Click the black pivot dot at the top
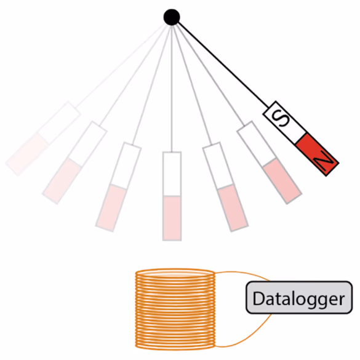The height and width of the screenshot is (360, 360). [x=172, y=17]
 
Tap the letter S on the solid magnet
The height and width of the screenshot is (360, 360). [x=279, y=119]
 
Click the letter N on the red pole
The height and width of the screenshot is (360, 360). [x=323, y=161]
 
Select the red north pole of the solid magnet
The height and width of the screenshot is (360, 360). [x=317, y=155]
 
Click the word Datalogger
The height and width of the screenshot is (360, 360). [x=298, y=298]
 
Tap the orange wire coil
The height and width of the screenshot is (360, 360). [x=175, y=310]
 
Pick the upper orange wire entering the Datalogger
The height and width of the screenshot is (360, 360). [x=242, y=274]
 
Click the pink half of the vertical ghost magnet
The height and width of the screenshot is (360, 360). [x=172, y=218]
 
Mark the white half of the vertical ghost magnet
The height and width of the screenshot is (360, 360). [x=172, y=174]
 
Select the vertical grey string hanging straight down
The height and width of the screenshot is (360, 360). [x=172, y=89]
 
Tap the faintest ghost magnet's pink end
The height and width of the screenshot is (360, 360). [x=27, y=154]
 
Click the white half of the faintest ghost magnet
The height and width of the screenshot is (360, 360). [x=59, y=123]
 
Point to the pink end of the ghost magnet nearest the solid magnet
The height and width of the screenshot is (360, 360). [x=282, y=181]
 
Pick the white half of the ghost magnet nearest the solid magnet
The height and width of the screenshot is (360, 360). [x=256, y=143]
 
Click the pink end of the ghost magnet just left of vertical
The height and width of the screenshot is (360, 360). [x=111, y=208]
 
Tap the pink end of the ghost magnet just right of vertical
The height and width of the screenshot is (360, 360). [x=233, y=208]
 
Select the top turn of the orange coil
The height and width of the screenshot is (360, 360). [x=175, y=272]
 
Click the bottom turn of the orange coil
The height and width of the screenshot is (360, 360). [x=175, y=346]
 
